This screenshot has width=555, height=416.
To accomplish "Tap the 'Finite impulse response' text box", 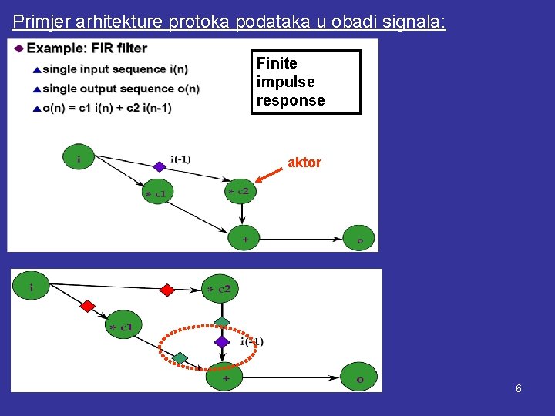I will pos(305,82).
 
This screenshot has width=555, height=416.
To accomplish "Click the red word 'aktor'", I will pos(304,163).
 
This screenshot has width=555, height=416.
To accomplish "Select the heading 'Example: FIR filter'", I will pos(86,49).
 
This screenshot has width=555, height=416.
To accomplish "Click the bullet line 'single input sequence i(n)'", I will pos(115,69).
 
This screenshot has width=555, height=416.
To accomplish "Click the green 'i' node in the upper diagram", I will pos(79,158).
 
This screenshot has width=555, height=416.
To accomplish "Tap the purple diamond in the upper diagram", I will pos(160,166).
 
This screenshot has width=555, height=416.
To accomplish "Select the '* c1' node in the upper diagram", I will pos(157,193).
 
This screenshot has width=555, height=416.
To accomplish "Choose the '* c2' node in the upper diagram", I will pos(240,190).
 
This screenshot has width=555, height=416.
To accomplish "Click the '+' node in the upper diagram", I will pos(244,239).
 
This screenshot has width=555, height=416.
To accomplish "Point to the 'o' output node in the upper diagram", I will pos(359,239).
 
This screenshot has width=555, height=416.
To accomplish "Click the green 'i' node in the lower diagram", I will pos(30,287).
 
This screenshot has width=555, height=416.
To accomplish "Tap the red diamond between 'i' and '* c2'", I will pos(166,290).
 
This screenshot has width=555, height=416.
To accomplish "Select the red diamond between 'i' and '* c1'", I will pos(87,306).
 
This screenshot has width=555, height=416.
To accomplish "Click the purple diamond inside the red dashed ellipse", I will pos(222,341).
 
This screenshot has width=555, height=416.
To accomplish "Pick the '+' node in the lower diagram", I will pos(224,377).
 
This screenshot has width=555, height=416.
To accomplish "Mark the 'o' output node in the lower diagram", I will pos(360,377).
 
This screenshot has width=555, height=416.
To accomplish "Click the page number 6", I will pos(519,389).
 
